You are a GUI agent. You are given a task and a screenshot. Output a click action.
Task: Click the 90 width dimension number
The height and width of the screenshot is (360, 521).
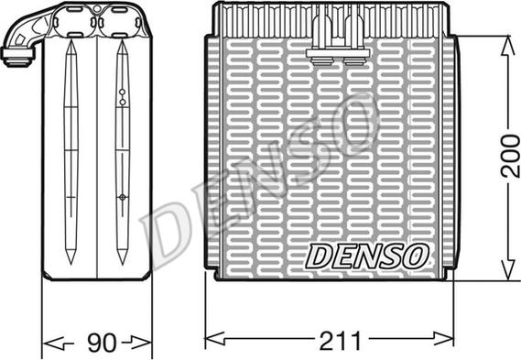click(102, 342)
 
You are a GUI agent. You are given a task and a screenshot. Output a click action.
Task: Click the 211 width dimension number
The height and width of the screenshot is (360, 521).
click(340, 341)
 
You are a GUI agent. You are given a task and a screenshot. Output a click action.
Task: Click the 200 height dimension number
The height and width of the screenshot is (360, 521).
click(510, 156)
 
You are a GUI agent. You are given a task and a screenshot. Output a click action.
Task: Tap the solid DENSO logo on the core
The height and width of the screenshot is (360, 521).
click(366, 256)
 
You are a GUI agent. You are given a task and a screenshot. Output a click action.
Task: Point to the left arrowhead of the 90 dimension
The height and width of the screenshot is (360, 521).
click(54, 343)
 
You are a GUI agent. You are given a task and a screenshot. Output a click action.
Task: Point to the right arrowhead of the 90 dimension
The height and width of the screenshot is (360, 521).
click(142, 342)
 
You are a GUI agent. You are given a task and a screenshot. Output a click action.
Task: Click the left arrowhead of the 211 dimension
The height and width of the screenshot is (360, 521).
click(215, 339)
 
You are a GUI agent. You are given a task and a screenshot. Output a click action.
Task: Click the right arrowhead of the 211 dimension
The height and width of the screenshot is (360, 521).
click(443, 339)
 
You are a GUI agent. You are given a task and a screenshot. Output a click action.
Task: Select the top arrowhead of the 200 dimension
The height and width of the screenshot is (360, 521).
click(507, 46)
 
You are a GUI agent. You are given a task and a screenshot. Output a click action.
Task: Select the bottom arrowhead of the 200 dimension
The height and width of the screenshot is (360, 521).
click(507, 269)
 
